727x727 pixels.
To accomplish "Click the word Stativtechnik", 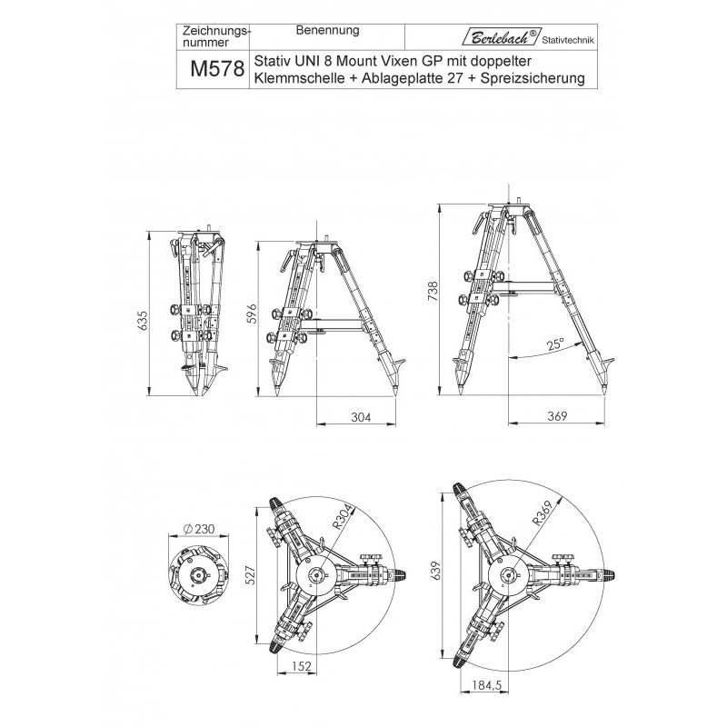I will coord(568,40).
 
